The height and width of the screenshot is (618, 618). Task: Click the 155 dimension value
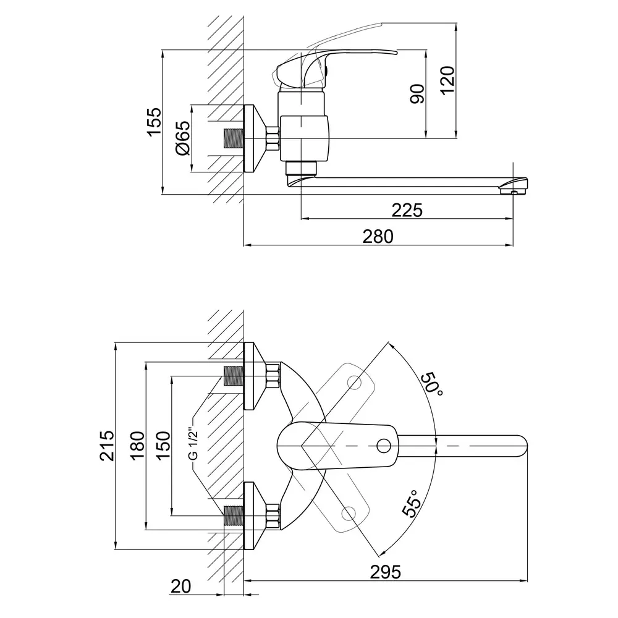[154, 122]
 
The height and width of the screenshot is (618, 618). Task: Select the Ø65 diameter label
[182, 138]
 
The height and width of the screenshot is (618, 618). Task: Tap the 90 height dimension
[417, 94]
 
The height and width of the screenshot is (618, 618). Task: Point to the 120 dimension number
[447, 81]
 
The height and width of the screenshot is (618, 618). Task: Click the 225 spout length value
[407, 210]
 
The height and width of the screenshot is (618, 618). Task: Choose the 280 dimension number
[378, 237]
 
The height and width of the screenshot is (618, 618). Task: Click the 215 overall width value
[106, 446]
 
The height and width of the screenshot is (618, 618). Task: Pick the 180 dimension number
[137, 446]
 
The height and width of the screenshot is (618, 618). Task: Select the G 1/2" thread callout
[193, 443]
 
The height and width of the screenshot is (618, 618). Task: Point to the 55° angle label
[412, 503]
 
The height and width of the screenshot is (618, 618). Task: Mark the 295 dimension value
[385, 572]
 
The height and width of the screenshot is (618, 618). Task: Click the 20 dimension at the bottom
[180, 586]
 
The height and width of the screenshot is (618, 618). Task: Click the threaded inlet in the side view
[234, 138]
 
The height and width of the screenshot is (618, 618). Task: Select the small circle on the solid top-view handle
[383, 446]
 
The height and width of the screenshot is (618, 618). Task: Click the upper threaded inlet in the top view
[234, 376]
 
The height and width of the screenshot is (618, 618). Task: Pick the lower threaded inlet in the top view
[234, 516]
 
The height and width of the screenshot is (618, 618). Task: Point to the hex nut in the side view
[273, 138]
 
